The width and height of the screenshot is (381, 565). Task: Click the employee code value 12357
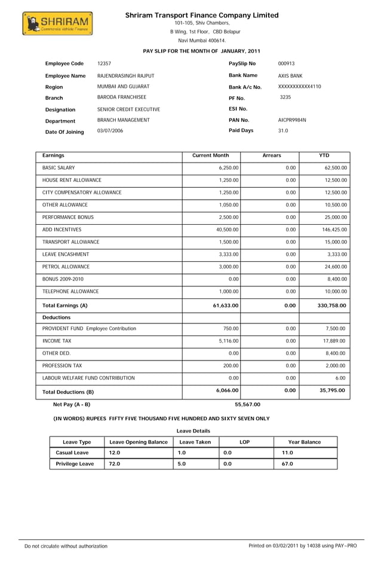104,63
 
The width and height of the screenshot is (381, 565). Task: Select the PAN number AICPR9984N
292,120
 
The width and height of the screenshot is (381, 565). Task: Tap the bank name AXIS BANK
290,77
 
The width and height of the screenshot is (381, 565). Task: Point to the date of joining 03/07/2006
110,131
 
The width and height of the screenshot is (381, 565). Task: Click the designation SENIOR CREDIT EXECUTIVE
128,109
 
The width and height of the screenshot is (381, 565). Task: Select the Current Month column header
210,155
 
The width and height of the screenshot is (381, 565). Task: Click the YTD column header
324,155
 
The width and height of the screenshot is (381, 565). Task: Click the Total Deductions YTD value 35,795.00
332,391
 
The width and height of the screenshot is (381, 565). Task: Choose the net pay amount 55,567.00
248,405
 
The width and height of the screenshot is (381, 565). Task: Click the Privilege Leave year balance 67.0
287,464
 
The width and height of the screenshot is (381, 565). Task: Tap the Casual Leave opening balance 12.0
115,453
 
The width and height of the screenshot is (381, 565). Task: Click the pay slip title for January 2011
201,51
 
